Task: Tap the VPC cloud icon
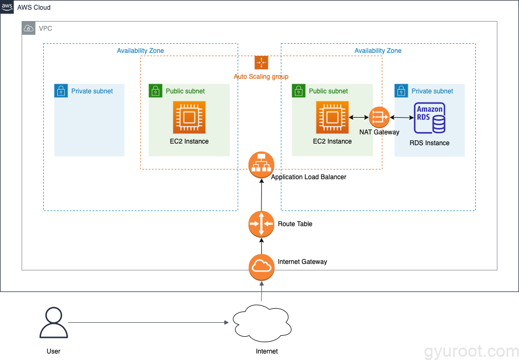click(x=29, y=28)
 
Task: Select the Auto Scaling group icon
click(x=261, y=63)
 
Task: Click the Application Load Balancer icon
click(x=261, y=165)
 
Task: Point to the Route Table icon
click(x=261, y=224)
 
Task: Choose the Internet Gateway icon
click(x=261, y=267)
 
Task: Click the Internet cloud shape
click(x=261, y=323)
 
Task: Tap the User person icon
click(x=53, y=323)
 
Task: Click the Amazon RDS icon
click(x=429, y=118)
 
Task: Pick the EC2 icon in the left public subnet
click(x=189, y=117)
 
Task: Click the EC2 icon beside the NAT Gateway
click(x=332, y=117)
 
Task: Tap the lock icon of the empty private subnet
click(x=61, y=91)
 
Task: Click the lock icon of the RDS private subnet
click(x=401, y=91)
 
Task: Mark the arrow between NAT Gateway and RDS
click(x=401, y=117)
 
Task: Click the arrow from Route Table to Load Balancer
click(x=261, y=194)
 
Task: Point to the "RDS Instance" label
click(x=429, y=143)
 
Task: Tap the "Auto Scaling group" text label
click(x=261, y=77)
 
